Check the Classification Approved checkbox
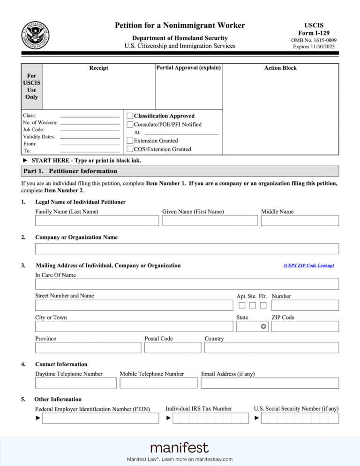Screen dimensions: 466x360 [130, 116]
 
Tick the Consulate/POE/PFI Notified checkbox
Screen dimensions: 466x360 [130, 125]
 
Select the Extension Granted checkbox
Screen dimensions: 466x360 [130, 141]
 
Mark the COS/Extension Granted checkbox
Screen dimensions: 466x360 [130, 149]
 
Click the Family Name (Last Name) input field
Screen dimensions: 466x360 [97, 221]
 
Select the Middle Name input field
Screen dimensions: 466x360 [300, 221]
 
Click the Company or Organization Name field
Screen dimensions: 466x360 [187, 249]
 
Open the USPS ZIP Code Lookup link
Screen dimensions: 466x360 [308, 266]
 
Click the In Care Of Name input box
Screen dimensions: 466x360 [187, 284]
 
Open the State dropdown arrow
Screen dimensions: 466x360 [263, 326]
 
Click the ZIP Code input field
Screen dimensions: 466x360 [305, 326]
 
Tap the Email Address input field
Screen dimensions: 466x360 [270, 383]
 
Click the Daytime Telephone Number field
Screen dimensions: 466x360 [75, 383]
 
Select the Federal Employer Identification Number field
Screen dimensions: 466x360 [100, 418]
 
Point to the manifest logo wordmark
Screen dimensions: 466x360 [180, 448]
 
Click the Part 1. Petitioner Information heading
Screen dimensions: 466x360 [70, 171]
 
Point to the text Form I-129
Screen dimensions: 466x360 [314, 33]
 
